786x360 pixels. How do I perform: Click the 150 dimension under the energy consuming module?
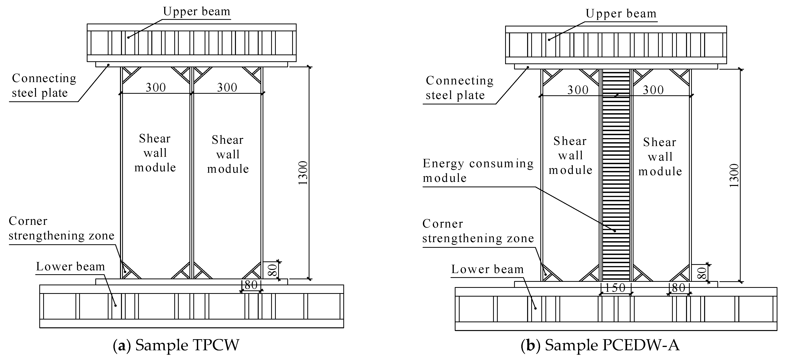pos(615,288)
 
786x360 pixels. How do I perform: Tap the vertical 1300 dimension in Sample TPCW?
pos(303,173)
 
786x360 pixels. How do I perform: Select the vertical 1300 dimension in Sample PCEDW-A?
pos(734,175)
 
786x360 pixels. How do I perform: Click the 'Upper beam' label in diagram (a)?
pos(196,12)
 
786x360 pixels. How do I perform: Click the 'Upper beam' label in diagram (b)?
pos(621,14)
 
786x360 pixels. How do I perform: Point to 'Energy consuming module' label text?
pos(478,171)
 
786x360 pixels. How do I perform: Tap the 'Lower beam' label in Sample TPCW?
pos(70,267)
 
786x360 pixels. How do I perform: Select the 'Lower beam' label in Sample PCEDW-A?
pos(487,269)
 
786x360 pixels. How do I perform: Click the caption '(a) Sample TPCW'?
pos(176,345)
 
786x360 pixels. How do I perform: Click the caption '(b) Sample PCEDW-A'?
pos(600,345)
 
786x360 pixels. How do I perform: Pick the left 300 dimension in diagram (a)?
pos(156,88)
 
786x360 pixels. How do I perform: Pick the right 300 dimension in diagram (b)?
pos(653,90)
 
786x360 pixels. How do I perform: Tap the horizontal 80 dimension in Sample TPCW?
pos(251,285)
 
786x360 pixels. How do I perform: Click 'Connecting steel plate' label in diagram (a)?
pos(44,85)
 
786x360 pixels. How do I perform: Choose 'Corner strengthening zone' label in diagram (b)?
pos(478,231)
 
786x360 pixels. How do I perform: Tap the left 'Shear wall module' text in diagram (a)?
pos(155,153)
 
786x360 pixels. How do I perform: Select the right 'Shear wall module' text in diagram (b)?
pos(660,157)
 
